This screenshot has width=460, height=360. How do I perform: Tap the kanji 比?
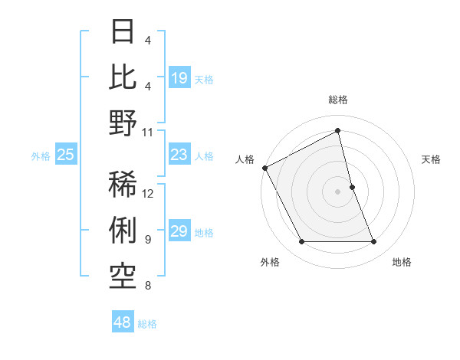point(124,77)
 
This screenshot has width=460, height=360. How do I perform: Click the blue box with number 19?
point(179,78)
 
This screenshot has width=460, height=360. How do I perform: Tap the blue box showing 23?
point(179,155)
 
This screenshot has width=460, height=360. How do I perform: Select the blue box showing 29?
point(179,232)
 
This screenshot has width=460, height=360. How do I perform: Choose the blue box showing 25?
point(66,155)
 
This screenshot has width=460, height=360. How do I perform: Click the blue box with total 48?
point(123,322)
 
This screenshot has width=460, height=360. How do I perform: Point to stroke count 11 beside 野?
point(148,133)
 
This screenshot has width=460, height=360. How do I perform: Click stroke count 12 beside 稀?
point(148,193)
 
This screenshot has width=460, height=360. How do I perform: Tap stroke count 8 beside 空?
point(148,286)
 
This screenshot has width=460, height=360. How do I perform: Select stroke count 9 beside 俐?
point(148,240)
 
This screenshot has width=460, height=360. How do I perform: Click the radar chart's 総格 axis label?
point(338,100)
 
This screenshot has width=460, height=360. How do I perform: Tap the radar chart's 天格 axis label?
point(432,159)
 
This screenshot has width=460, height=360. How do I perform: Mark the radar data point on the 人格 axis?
point(264,167)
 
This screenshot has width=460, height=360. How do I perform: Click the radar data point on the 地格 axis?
point(374,242)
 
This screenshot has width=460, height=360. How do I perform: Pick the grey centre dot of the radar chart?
point(338,191)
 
